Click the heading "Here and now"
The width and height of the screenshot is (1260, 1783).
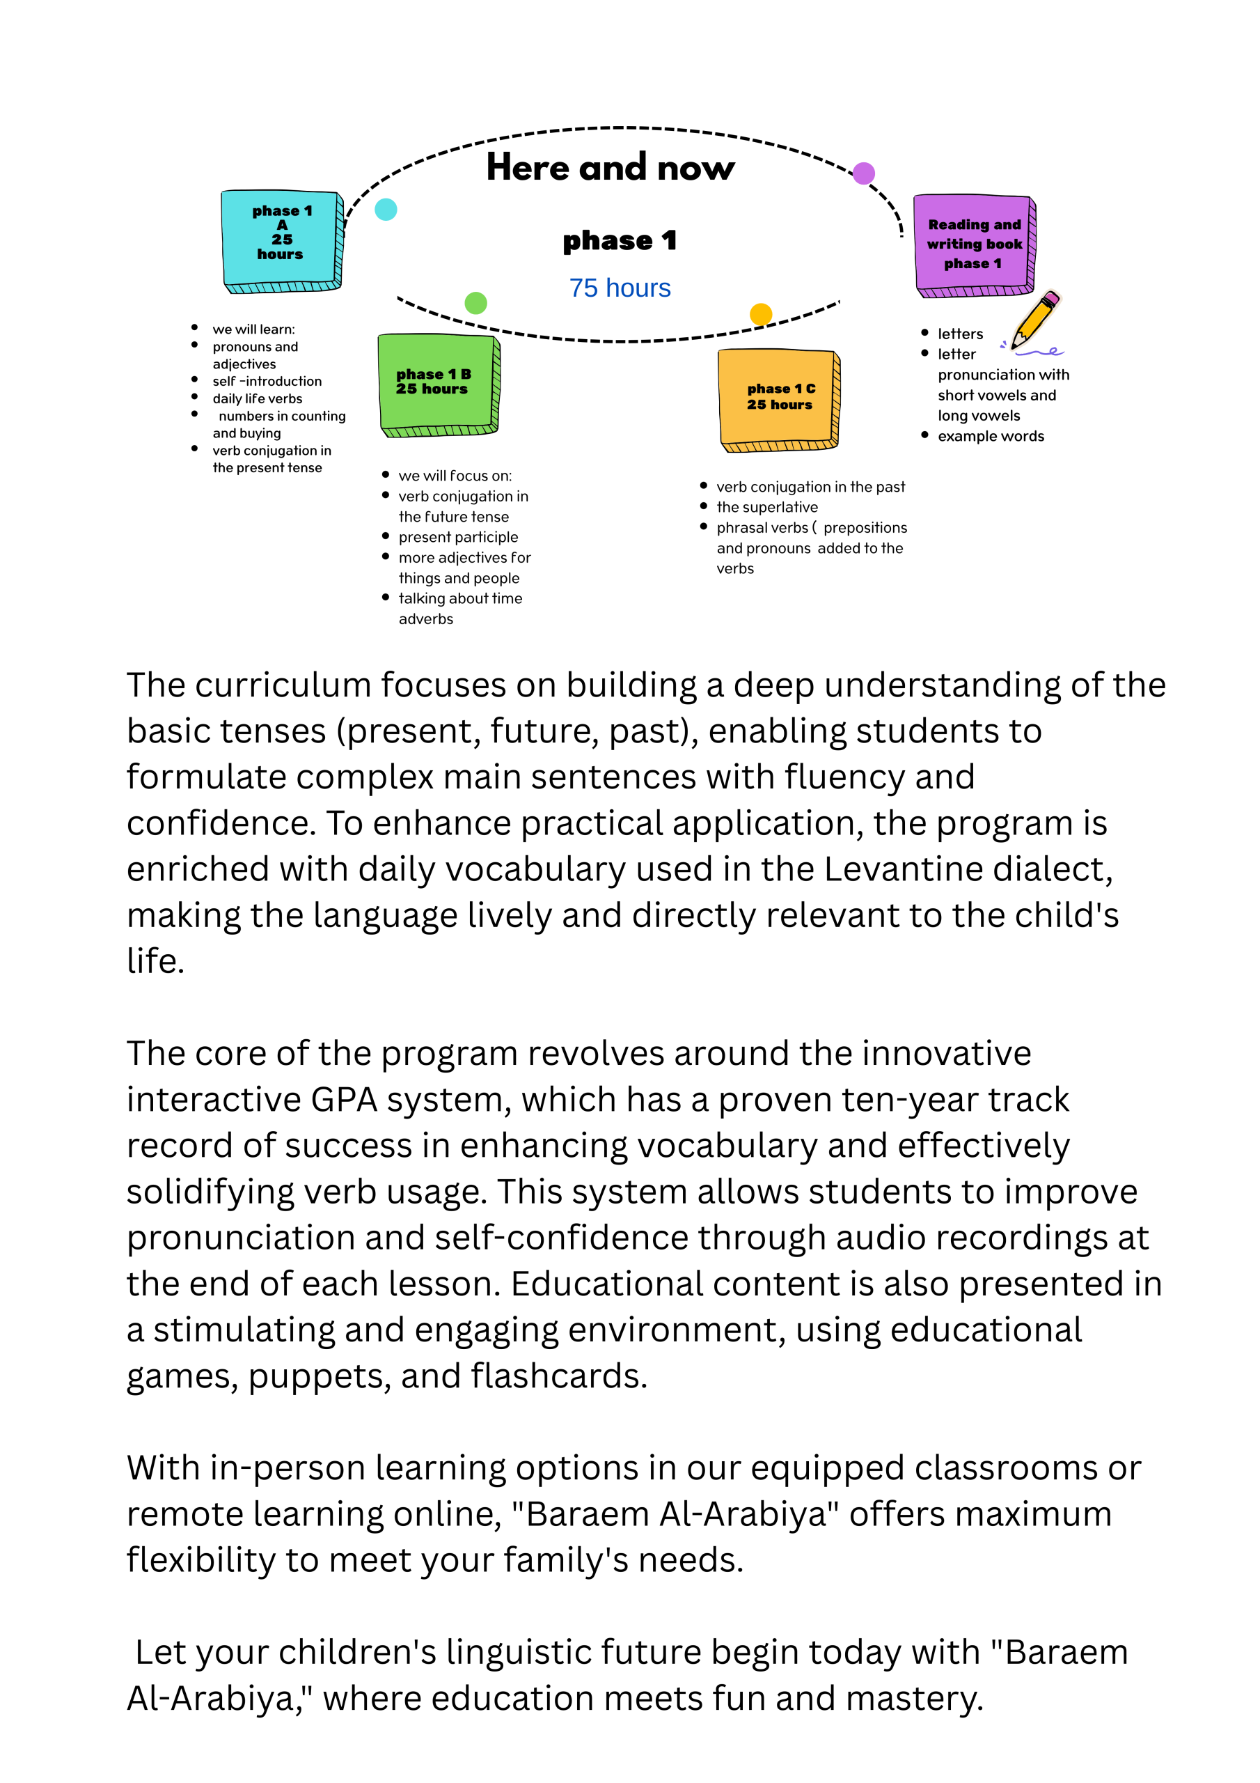point(611,168)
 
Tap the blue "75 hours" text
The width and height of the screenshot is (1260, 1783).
point(620,288)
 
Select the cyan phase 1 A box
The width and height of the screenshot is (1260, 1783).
point(282,238)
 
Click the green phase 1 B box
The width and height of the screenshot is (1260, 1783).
point(437,384)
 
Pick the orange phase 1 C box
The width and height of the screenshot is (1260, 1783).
point(779,398)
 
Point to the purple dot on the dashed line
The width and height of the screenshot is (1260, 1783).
point(863,173)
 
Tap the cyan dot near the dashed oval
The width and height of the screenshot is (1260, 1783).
point(386,209)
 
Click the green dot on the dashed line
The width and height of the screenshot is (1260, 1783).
point(475,303)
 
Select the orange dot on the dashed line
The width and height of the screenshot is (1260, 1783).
point(761,313)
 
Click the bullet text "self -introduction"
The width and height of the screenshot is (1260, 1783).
point(267,381)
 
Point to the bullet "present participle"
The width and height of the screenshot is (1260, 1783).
point(458,538)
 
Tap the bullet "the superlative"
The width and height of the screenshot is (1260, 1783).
point(767,507)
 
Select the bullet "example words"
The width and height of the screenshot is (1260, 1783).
point(991,437)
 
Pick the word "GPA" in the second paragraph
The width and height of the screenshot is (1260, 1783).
point(344,1100)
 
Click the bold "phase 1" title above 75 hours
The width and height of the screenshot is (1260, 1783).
point(620,241)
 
